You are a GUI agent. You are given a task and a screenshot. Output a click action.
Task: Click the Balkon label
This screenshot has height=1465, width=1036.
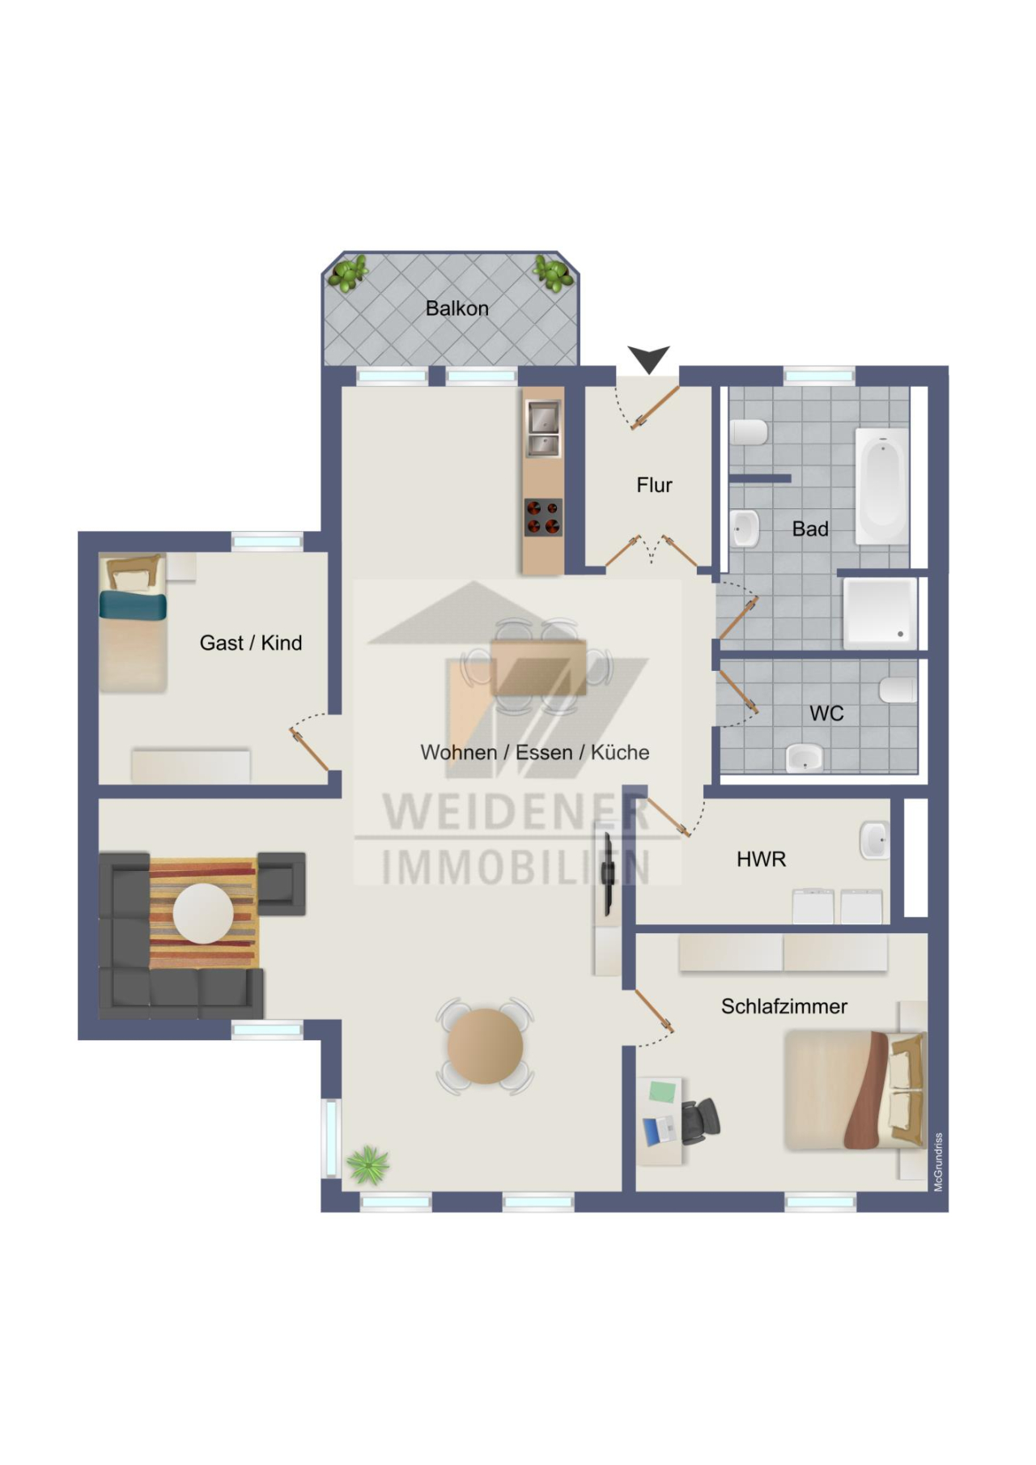pos(456,308)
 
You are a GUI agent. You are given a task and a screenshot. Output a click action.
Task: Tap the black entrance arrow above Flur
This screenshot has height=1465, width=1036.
pos(648,358)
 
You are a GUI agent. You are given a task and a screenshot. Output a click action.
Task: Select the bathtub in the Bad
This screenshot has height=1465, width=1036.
pos(881,486)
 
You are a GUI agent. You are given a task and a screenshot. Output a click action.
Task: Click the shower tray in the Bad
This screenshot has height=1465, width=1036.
pos(880,613)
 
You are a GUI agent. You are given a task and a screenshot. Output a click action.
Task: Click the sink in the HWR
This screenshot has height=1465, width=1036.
pos(874,839)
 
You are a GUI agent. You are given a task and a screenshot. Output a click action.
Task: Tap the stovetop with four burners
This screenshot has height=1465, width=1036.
pos(542,517)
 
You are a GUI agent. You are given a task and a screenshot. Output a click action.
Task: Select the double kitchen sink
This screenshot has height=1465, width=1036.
pos(542,429)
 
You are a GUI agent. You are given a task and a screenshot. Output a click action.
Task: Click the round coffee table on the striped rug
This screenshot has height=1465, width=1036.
pos(204,913)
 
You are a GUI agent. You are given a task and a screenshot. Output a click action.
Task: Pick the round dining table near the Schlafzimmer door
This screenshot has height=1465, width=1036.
pos(485,1046)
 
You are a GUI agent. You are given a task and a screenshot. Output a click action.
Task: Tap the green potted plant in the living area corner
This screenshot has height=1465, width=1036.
pos(368,1165)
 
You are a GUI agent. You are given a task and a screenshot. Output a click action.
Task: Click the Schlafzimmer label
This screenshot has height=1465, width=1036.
pos(783,1006)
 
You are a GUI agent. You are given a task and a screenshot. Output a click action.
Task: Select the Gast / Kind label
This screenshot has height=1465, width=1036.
pos(250,643)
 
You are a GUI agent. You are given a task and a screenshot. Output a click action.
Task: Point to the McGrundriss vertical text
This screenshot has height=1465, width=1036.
pos(938,1162)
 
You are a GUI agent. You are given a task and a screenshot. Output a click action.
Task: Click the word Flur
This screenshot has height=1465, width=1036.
pos(654,485)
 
